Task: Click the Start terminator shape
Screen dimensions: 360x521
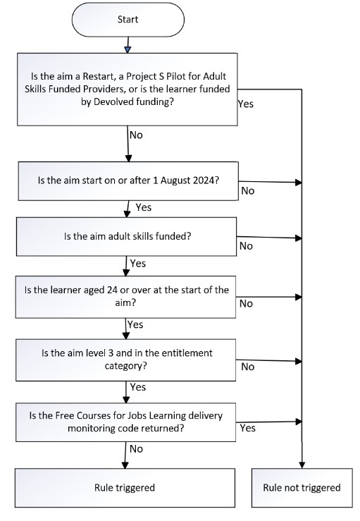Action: click(x=128, y=20)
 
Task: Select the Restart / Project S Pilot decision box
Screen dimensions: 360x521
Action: click(x=128, y=89)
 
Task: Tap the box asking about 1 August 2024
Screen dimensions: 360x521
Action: click(x=128, y=181)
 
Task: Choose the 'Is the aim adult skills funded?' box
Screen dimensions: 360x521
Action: click(x=127, y=237)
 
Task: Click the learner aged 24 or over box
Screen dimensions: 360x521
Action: click(x=125, y=297)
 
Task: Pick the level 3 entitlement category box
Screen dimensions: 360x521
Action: click(x=126, y=360)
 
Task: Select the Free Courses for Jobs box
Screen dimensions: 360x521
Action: click(x=126, y=422)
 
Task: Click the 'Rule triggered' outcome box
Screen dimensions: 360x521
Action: click(x=125, y=488)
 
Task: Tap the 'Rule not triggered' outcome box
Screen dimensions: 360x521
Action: click(x=302, y=488)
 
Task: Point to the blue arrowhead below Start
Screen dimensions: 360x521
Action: click(x=128, y=49)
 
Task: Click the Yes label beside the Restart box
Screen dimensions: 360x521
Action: click(x=246, y=104)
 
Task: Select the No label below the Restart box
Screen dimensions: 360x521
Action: click(x=136, y=135)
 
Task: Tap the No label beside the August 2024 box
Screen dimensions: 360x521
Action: click(x=248, y=191)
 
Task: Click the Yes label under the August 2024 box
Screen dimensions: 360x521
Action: click(x=144, y=207)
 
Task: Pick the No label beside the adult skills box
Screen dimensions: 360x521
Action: click(x=246, y=246)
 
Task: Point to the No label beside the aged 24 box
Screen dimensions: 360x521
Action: click(x=246, y=303)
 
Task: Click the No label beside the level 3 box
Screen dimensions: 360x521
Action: click(x=248, y=367)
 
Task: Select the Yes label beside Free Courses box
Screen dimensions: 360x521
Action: click(x=248, y=428)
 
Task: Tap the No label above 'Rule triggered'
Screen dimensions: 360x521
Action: click(x=136, y=449)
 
